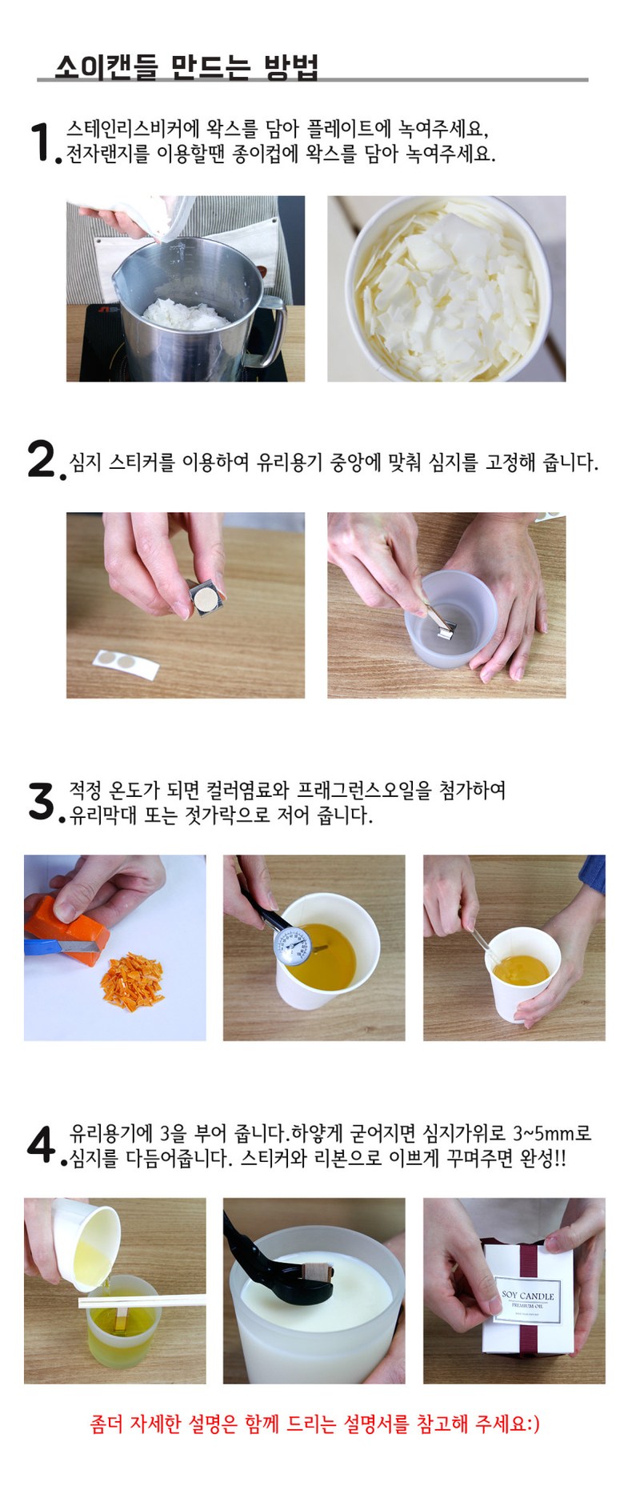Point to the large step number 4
coord(42,1144)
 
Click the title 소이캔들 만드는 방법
coord(186,66)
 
